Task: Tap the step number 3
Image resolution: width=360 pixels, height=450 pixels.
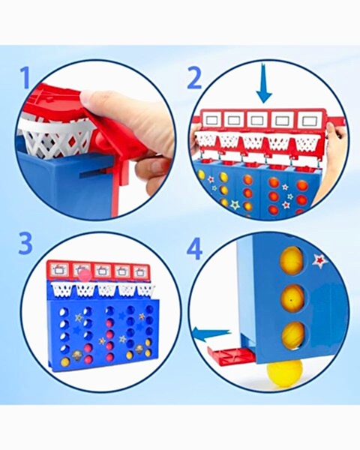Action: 25,243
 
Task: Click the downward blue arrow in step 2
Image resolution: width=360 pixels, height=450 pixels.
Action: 264,84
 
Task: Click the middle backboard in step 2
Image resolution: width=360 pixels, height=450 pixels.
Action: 258,120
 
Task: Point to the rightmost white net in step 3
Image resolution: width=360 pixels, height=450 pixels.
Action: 145,289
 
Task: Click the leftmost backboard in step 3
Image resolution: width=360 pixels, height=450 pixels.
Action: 58,270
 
